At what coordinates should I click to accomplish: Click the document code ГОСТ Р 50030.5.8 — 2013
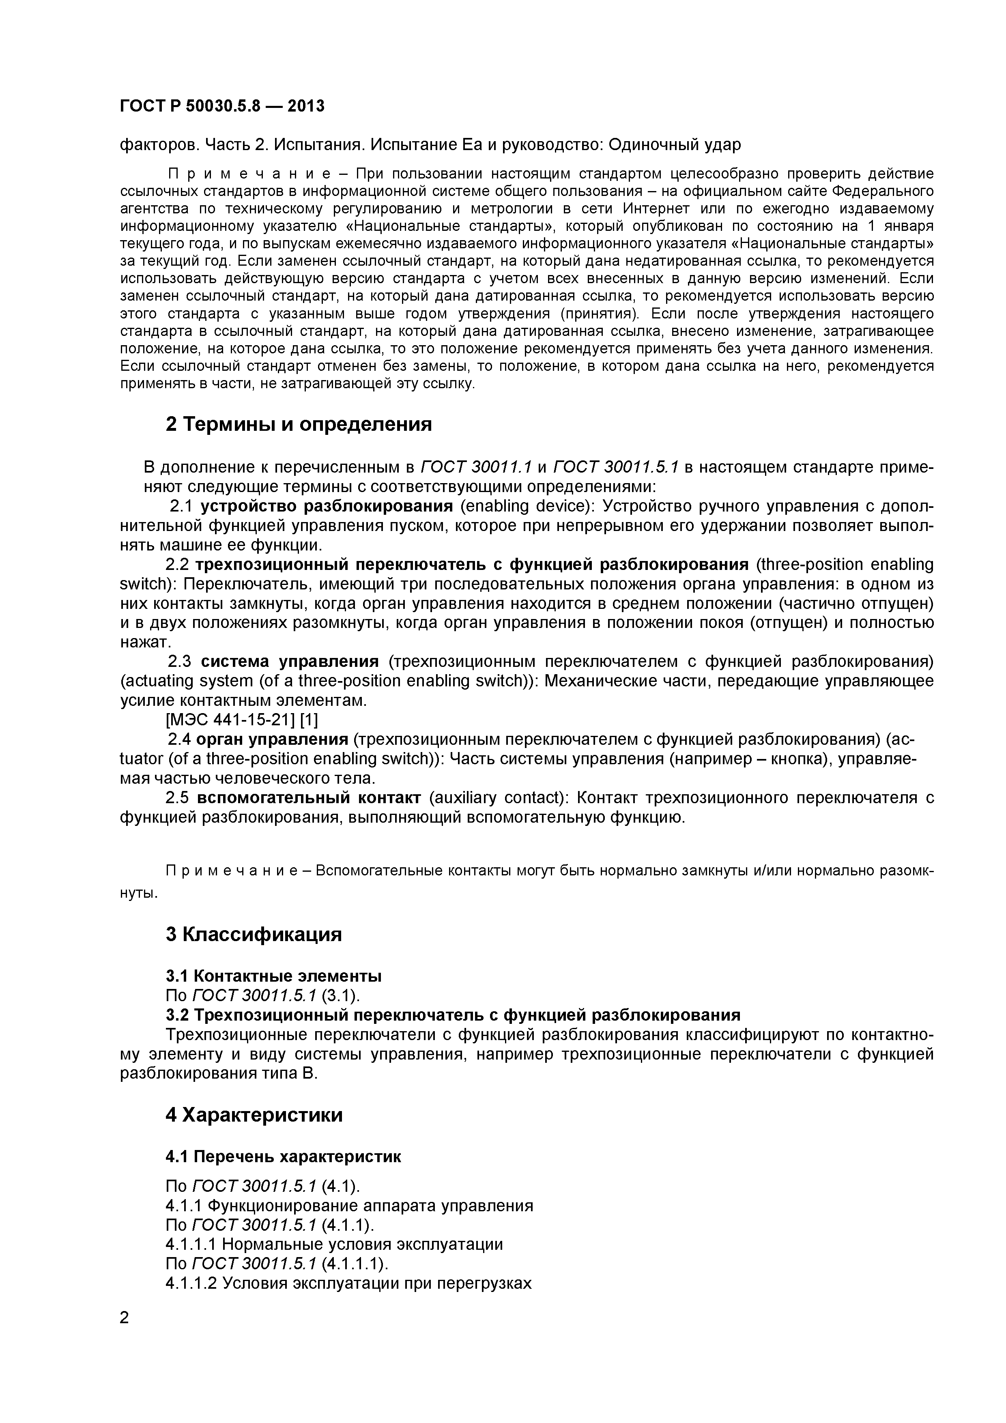coord(222,106)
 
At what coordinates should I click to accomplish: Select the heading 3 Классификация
coord(254,934)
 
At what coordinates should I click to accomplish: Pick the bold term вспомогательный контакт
coord(309,797)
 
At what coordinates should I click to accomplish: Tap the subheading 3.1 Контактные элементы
coord(273,976)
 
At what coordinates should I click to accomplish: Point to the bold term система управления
coord(290,662)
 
